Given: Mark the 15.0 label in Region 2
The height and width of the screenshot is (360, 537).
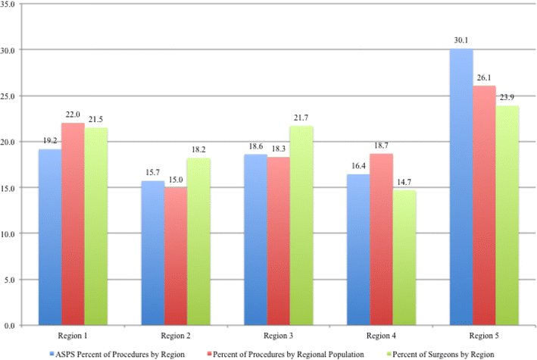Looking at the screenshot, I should tap(176, 180).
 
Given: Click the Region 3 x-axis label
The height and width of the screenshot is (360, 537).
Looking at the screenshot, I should tap(278, 334).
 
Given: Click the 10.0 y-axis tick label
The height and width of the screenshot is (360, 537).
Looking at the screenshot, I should tap(12, 233).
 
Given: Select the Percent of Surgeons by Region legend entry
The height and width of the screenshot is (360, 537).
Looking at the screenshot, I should tap(448, 352).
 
